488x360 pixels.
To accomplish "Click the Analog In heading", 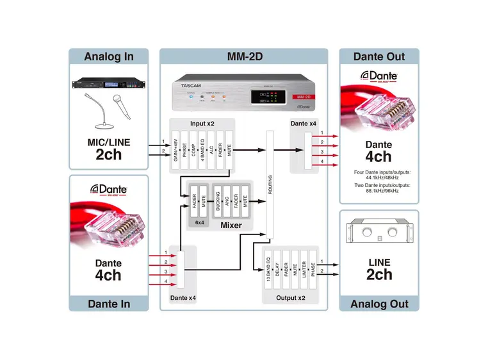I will point(108,56).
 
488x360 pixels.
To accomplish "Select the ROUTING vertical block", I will point(270,183).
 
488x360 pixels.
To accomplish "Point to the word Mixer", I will point(231,226).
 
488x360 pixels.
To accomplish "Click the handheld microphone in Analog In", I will point(120,107).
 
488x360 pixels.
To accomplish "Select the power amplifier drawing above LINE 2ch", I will point(378,233).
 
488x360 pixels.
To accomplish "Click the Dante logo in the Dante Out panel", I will point(378,76).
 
